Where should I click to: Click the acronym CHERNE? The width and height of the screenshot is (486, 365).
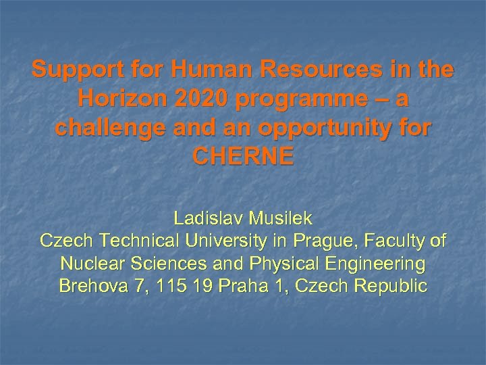pos(243,157)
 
